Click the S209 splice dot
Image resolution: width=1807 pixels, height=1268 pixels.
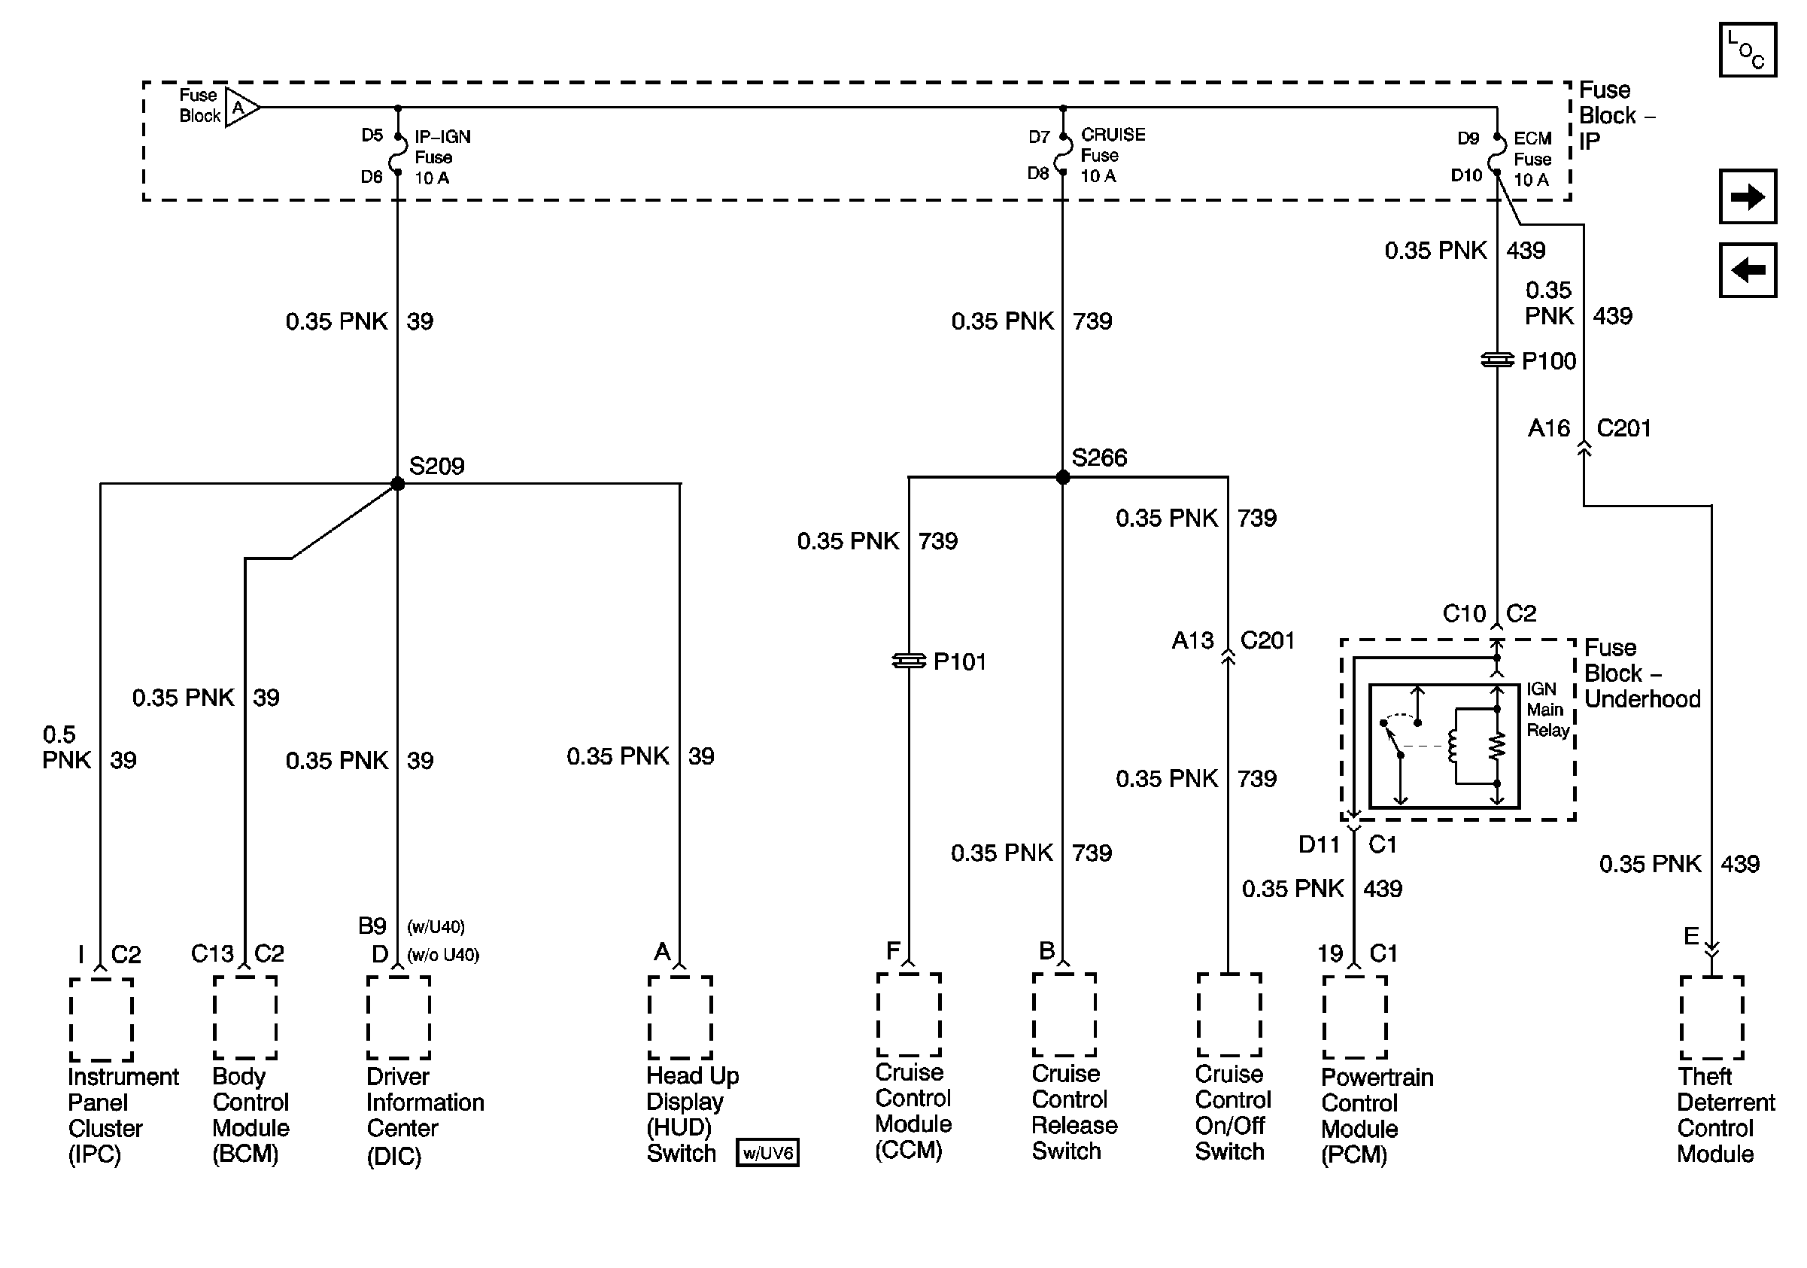point(397,483)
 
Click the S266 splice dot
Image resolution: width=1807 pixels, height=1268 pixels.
point(1062,477)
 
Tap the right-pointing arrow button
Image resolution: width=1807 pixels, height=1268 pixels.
point(1747,196)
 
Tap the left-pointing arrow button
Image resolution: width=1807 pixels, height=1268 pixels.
point(1747,270)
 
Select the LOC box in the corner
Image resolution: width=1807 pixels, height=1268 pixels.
point(1747,50)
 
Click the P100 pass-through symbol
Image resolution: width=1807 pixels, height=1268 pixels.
point(1497,360)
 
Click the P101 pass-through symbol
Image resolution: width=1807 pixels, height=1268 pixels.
point(909,661)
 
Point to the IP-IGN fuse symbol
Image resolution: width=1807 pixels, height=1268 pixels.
point(398,154)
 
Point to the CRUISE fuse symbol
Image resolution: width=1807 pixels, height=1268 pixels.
point(1063,154)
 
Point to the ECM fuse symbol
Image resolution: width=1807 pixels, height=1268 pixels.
point(1498,155)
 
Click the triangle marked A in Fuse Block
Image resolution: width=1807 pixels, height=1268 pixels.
point(240,107)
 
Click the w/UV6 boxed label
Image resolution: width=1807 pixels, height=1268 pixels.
point(767,1152)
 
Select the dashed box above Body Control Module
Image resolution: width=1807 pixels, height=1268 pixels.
point(244,1017)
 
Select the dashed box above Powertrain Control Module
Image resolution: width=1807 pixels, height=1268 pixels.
point(1354,1017)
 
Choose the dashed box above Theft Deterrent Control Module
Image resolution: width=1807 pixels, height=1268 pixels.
point(1711,1017)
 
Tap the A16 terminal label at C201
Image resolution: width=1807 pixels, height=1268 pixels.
point(1548,428)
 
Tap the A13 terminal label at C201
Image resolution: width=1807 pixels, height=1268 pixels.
point(1192,640)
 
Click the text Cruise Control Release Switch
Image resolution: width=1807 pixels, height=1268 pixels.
point(1074,1111)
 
